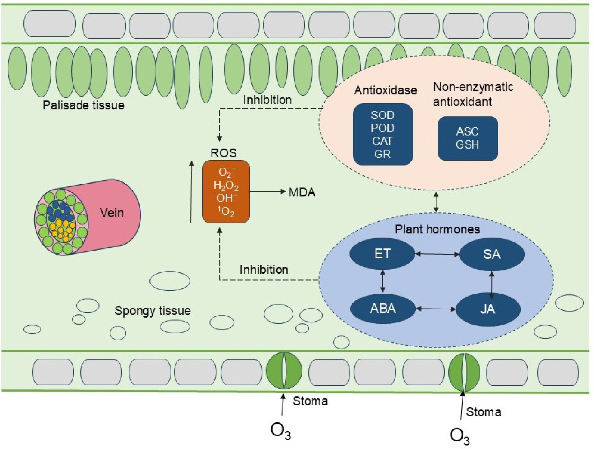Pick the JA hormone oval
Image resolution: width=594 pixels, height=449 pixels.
[x=488, y=309]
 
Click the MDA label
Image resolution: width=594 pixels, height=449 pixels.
[x=302, y=193]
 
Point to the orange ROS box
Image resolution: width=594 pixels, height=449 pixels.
[x=226, y=192]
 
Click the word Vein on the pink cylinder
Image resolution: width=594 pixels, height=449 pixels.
[x=112, y=213]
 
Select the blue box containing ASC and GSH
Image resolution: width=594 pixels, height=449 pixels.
[x=468, y=138]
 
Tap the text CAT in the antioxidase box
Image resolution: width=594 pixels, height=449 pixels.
[x=382, y=141]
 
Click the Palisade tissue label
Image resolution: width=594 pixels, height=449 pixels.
[x=84, y=105]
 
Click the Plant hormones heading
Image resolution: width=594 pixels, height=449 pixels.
[x=437, y=229]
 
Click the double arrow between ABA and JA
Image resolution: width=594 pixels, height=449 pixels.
[x=436, y=309]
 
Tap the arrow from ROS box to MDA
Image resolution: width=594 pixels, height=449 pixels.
[x=267, y=192]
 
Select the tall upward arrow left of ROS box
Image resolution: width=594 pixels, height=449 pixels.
[x=191, y=192]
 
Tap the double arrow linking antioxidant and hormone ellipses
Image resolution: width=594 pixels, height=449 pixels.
[x=436, y=202]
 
